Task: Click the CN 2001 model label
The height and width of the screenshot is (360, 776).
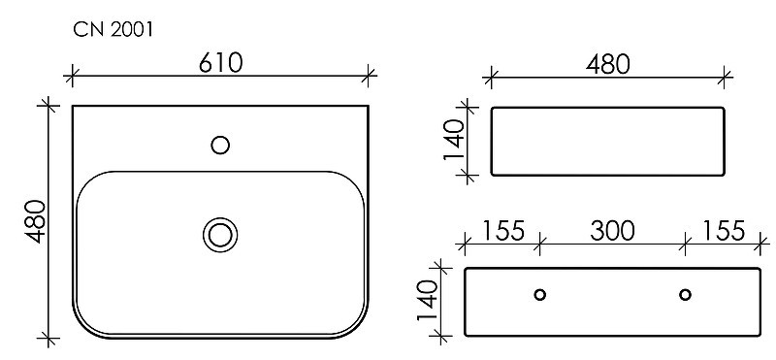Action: tap(113, 30)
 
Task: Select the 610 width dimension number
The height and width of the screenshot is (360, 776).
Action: tap(221, 63)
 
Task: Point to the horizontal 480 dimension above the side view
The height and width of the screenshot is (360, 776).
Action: tap(608, 65)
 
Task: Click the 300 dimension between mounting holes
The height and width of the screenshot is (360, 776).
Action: tap(612, 231)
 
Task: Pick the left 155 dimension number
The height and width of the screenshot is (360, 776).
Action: tap(502, 231)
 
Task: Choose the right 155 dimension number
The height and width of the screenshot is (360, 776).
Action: tap(723, 231)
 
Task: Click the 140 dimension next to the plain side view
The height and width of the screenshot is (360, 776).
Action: tap(454, 140)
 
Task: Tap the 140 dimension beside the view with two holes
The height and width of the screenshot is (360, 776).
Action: tap(428, 301)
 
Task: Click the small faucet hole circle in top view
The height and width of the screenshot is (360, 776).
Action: tap(220, 146)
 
